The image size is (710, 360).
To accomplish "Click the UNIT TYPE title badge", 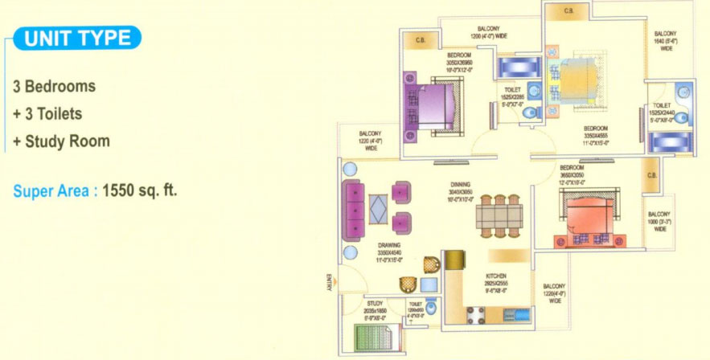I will tap(77, 38).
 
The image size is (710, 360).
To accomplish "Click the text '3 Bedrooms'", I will tap(54, 86).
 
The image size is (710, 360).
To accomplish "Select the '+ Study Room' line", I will tap(61, 141).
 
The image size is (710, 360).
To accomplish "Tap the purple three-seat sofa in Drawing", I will tap(355, 209).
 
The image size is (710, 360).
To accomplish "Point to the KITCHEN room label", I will tap(495, 276).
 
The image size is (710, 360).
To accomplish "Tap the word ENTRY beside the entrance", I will tap(329, 282).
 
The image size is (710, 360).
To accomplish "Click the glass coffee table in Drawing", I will tap(378, 209).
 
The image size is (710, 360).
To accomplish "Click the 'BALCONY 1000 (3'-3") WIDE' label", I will tap(659, 221).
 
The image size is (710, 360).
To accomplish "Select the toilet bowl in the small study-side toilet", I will tap(432, 309).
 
